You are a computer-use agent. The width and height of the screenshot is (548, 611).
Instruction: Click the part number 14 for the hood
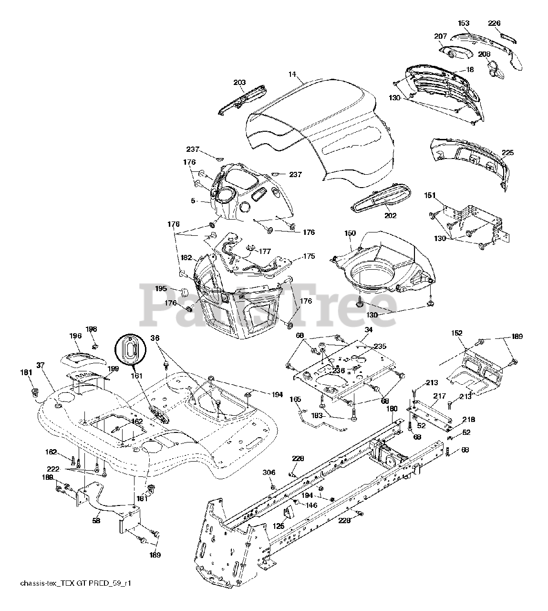coord(292,74)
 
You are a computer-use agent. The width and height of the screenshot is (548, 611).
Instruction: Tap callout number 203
coord(239,83)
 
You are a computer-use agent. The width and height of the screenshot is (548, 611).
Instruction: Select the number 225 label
coord(507,153)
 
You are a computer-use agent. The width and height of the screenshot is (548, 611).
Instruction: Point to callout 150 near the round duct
coord(350,233)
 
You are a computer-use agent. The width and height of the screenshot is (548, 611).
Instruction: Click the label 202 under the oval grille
coord(390,216)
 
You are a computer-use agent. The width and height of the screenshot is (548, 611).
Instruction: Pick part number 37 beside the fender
coord(40,365)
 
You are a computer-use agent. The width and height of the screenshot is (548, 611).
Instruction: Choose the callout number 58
coord(96,521)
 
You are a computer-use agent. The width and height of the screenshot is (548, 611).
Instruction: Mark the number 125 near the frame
coord(279,526)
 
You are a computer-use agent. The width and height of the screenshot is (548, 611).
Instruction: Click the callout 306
coord(269,473)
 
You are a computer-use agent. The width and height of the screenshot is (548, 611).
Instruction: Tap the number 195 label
coord(161,288)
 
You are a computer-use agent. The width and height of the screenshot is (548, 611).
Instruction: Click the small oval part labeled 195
coord(184,292)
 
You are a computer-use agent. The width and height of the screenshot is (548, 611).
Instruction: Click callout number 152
coord(457,333)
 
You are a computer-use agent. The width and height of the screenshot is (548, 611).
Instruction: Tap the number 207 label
coord(440,36)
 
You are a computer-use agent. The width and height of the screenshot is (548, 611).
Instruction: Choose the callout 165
coord(295,399)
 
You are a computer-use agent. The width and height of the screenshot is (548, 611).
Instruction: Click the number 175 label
coord(309,256)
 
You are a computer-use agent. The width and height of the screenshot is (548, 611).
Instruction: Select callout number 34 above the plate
coord(368,329)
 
